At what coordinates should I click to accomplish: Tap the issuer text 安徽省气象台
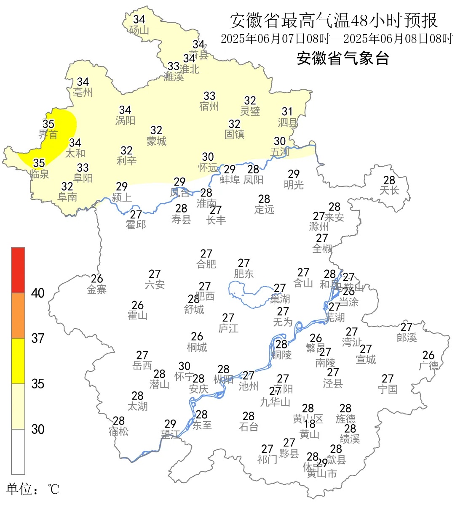click(x=343, y=58)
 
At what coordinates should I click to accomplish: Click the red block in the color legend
click(x=18, y=270)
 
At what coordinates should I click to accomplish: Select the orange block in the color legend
click(x=18, y=316)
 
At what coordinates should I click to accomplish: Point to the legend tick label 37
click(x=38, y=338)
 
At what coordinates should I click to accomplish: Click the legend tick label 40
click(x=38, y=293)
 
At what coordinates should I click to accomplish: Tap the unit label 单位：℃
click(x=33, y=489)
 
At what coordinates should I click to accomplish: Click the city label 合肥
click(x=206, y=264)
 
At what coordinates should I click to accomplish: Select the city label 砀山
click(x=139, y=30)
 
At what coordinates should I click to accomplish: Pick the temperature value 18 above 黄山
click(x=310, y=424)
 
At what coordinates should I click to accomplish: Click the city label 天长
click(x=389, y=191)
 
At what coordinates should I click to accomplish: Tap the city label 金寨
click(x=97, y=290)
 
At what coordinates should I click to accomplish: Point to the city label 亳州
click(x=83, y=93)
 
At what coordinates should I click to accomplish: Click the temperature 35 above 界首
click(x=48, y=124)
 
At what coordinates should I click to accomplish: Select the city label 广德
click(x=428, y=366)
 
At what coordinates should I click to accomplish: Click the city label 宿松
click(x=118, y=432)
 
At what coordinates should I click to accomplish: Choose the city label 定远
click(x=264, y=209)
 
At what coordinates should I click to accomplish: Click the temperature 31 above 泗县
click(x=287, y=112)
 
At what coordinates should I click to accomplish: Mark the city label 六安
click(x=155, y=285)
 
